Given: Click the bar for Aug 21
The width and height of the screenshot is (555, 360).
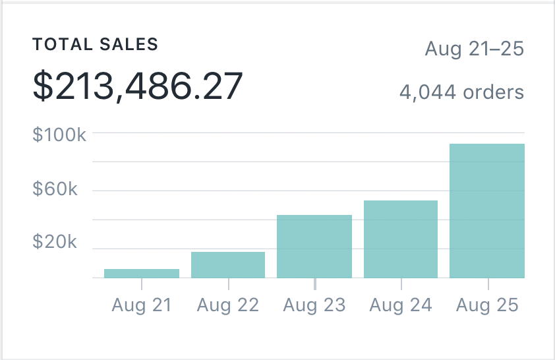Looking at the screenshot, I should click(142, 273).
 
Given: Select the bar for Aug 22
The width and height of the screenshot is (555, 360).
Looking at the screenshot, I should click(228, 264).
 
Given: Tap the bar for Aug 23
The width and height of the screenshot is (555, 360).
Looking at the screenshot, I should click(314, 246).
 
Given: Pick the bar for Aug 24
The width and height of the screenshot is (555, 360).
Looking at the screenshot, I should click(401, 239).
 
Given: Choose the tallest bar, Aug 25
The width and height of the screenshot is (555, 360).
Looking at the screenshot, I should click(487, 210).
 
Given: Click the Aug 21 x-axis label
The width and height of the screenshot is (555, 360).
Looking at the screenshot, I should click(142, 305).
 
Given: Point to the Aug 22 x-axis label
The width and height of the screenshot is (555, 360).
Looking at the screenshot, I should click(228, 305).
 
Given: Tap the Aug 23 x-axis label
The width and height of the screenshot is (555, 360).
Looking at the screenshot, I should click(314, 305).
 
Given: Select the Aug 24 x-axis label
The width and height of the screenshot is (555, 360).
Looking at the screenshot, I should click(401, 305).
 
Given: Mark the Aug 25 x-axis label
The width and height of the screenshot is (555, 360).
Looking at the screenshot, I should click(488, 305).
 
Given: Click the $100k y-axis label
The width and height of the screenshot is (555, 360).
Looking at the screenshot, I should click(59, 135).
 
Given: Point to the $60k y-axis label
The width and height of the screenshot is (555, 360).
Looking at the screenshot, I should click(55, 191).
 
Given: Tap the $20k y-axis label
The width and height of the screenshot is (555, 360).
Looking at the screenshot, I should click(55, 241).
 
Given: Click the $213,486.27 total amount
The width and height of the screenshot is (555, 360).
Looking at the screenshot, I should click(138, 86).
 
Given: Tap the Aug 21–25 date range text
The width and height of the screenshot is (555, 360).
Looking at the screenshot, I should click(474, 49).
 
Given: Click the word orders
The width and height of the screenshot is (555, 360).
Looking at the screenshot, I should click(493, 92).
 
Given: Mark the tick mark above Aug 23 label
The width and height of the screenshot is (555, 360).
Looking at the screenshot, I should click(314, 284).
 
